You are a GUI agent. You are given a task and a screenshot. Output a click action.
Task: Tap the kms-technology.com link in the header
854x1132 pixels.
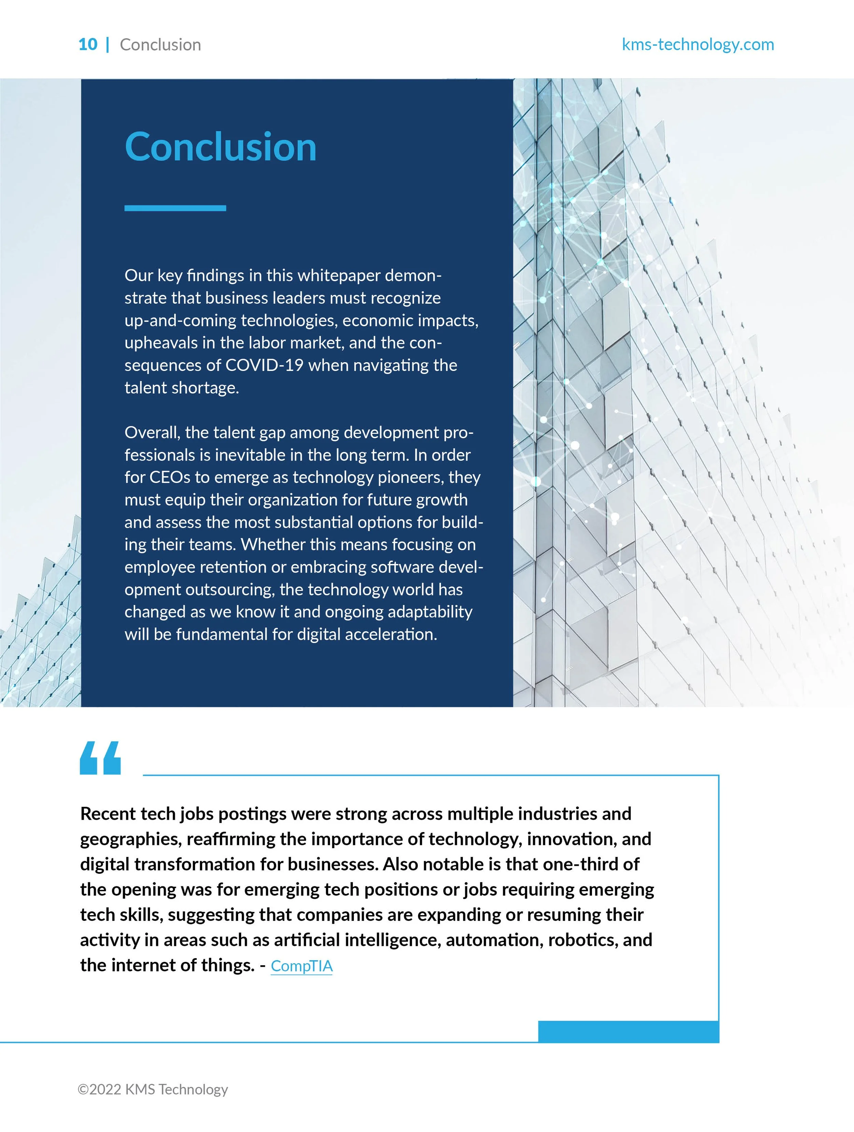point(698,44)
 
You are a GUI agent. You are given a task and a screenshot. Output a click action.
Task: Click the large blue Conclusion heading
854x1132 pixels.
point(221,147)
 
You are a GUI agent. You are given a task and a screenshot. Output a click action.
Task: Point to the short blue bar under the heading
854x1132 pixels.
point(175,208)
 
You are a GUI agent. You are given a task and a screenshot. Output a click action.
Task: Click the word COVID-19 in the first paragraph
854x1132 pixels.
point(264,365)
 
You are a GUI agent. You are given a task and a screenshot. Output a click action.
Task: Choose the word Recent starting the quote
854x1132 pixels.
point(108,814)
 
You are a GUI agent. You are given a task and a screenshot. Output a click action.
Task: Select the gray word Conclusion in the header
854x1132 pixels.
point(160,44)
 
